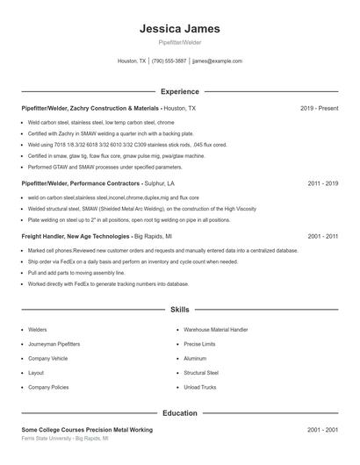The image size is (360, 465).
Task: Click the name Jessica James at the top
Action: tap(179, 29)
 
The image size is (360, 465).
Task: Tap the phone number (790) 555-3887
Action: tap(169, 61)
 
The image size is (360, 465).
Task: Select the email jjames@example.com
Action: tap(217, 61)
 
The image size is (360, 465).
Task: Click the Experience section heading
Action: tap(179, 91)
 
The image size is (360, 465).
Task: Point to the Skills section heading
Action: tap(179, 310)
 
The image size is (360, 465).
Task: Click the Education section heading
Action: tap(179, 412)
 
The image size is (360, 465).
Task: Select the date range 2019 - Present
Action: tap(319, 108)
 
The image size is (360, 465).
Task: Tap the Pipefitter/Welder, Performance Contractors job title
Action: tap(82, 184)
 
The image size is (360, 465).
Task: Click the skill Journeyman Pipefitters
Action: tap(54, 344)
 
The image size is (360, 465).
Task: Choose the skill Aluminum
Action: tap(195, 358)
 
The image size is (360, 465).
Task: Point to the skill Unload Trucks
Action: tap(200, 387)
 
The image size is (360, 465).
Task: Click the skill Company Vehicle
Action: tap(47, 358)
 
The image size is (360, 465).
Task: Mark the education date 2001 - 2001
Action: tap(323, 429)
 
